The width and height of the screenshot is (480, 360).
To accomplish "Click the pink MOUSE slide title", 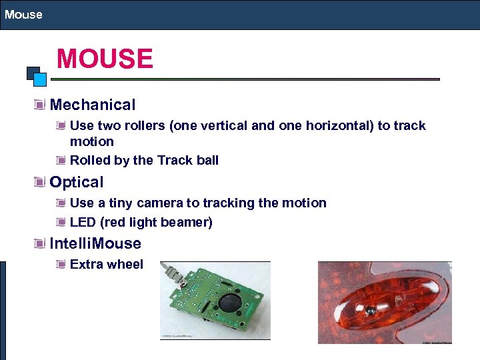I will (105, 59).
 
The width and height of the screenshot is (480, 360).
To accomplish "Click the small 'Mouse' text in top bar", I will (23, 14).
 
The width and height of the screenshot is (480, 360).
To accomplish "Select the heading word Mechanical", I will (93, 105).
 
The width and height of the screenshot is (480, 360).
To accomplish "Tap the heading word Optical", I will (77, 182).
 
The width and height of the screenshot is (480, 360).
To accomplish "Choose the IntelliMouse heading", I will (95, 243).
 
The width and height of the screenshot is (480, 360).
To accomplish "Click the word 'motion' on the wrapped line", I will (92, 141).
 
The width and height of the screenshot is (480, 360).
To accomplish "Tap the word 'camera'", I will (159, 203).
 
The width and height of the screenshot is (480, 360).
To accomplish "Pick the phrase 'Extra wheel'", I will (107, 264).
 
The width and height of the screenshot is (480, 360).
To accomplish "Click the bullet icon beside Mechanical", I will (41, 105).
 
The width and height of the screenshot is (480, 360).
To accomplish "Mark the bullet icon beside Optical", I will (41, 182).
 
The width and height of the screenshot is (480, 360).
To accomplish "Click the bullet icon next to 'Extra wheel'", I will (61, 264).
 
